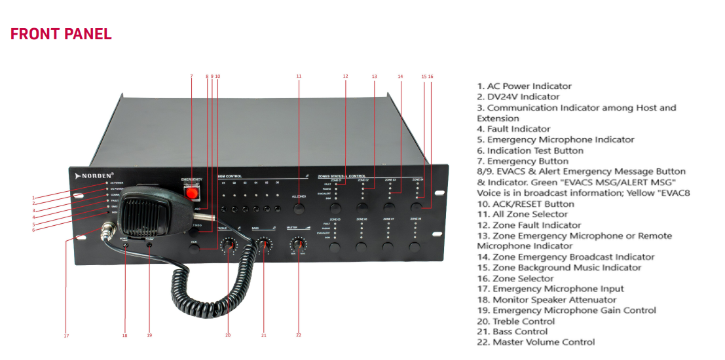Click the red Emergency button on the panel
tap(191, 194)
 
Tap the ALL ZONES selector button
tap(299, 209)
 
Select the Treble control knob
tap(228, 245)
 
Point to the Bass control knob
tap(264, 245)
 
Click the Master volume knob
tap(299, 245)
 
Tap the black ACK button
tap(194, 249)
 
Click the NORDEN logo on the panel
tap(96, 175)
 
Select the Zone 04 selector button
tap(417, 207)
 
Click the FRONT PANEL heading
tap(61, 34)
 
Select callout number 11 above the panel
tap(299, 77)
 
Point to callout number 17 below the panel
tap(66, 336)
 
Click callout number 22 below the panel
tap(299, 335)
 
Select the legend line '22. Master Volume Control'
tap(536, 342)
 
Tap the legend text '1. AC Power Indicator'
tap(524, 86)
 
